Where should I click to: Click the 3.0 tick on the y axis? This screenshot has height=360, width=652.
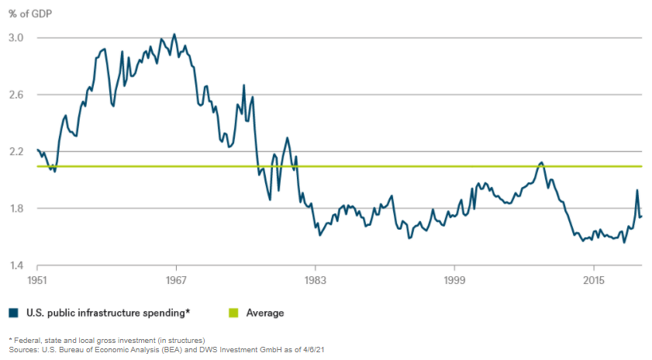(16, 38)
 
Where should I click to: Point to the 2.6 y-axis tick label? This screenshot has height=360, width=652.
(16, 95)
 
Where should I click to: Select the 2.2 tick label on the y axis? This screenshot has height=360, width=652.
(16, 152)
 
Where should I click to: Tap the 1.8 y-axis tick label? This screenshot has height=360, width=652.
(16, 209)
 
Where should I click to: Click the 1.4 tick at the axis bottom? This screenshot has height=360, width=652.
(16, 266)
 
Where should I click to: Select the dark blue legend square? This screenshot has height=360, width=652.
(13, 313)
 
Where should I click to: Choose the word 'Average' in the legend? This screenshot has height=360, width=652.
(265, 313)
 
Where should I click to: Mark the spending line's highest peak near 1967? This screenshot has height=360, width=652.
(174, 34)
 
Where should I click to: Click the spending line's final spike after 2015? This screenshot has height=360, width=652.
(637, 190)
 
